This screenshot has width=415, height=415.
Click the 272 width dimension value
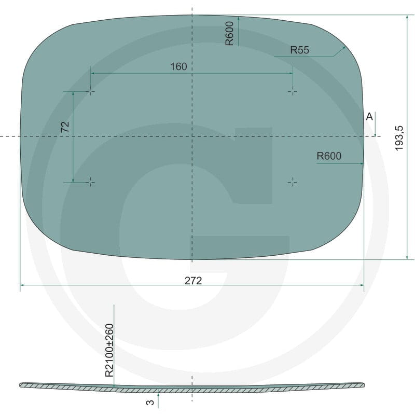coord(193,280)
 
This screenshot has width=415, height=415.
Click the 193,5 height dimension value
coord(399,138)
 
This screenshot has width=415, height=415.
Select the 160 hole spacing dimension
coord(178,66)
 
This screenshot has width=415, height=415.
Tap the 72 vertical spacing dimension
coord(65,127)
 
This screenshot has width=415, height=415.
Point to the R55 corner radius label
coord(300,50)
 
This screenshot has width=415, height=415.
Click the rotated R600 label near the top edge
coord(229,33)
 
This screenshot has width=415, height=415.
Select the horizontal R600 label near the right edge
coord(329,156)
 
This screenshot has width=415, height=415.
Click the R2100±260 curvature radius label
coord(109,350)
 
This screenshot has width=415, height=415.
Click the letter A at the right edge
coord(369,116)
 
